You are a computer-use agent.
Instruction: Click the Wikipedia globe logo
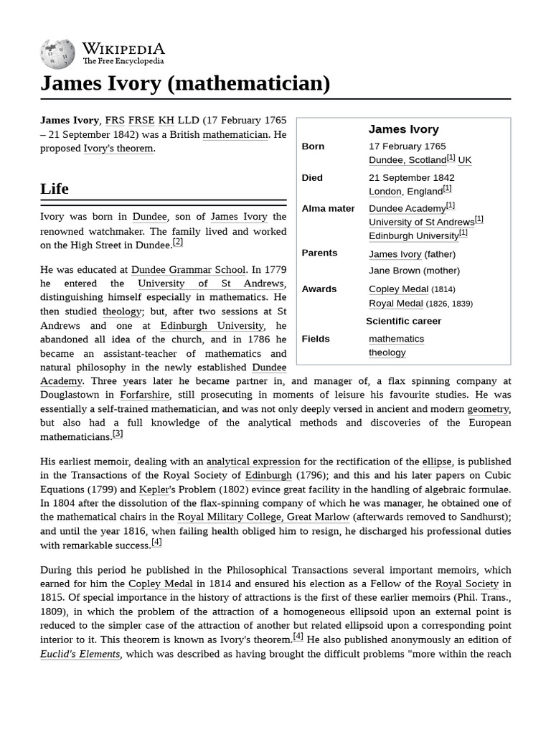(x=58, y=52)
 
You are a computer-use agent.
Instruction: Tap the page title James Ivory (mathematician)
(x=185, y=84)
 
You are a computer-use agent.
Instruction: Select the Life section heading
(x=55, y=189)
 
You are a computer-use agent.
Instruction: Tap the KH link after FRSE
(x=166, y=121)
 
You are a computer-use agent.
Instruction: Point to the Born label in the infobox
(x=313, y=146)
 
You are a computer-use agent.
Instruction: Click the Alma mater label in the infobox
(x=328, y=209)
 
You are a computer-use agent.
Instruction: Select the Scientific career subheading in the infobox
(x=403, y=322)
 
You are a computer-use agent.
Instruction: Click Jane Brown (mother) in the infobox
(x=414, y=271)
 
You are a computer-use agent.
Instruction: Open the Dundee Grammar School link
(x=188, y=270)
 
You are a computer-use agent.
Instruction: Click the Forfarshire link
(x=144, y=395)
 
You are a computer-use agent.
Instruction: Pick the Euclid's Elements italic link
(x=80, y=654)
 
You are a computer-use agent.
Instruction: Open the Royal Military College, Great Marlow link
(x=263, y=517)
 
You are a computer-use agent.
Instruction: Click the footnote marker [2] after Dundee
(x=178, y=243)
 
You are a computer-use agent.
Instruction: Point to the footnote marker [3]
(x=118, y=434)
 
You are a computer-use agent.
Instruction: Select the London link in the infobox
(x=385, y=192)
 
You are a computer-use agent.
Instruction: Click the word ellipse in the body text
(x=436, y=462)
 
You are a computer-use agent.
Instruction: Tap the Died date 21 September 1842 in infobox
(x=411, y=178)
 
